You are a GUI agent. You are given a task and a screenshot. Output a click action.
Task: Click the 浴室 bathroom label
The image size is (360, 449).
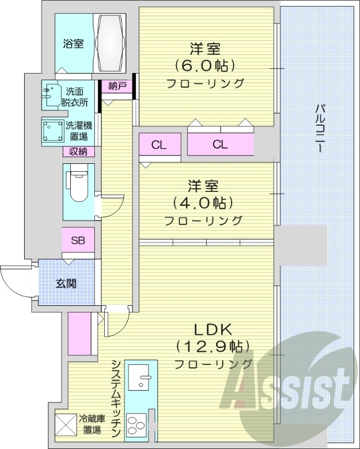(x=73, y=43)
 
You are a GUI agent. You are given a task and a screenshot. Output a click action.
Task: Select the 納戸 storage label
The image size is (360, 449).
(x=117, y=86)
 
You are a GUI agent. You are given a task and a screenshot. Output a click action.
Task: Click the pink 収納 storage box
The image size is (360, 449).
(x=78, y=151)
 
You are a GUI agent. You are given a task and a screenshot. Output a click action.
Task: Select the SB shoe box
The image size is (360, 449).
(x=78, y=241)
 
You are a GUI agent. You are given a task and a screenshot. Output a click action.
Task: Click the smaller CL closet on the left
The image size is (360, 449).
(x=159, y=145)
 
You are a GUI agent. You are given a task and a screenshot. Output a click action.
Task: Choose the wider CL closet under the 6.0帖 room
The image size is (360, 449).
(x=220, y=144)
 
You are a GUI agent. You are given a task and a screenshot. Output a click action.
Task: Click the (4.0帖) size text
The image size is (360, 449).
(x=204, y=202)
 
